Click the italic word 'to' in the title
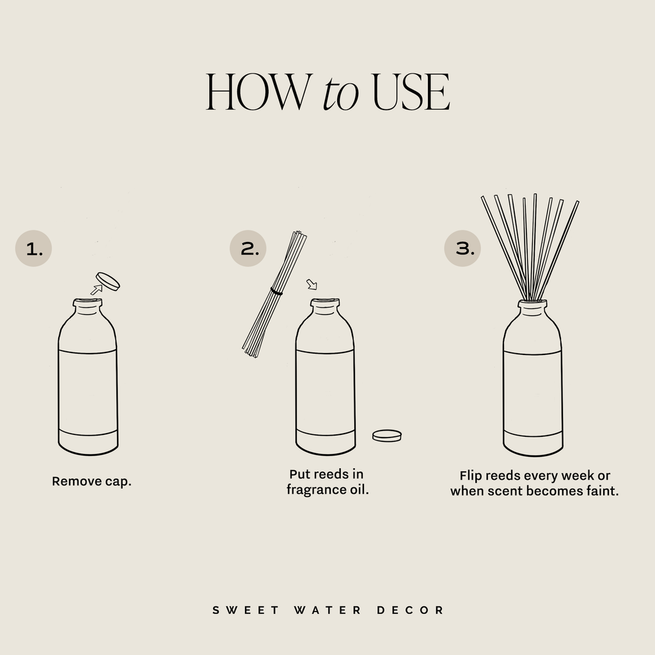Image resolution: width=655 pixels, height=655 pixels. click(x=340, y=94)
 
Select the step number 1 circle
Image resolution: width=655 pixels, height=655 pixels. click(x=33, y=248)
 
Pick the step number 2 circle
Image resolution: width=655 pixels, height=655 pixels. click(x=248, y=248)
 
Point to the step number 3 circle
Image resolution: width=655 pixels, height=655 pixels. click(x=462, y=248)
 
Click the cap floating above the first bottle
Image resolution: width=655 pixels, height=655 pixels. click(x=107, y=281)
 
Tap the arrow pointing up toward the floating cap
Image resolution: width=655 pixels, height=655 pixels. click(x=96, y=290)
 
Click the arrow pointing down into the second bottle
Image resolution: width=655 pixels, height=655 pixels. click(x=312, y=284)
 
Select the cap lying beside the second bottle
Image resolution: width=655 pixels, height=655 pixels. click(x=386, y=436)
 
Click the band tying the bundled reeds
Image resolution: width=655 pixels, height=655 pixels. click(x=276, y=292)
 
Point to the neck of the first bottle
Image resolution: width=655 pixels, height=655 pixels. click(x=87, y=307)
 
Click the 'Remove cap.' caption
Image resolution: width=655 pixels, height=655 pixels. click(x=91, y=481)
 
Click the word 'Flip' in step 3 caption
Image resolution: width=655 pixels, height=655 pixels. click(x=471, y=476)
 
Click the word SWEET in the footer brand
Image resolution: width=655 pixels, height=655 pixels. click(x=246, y=610)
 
